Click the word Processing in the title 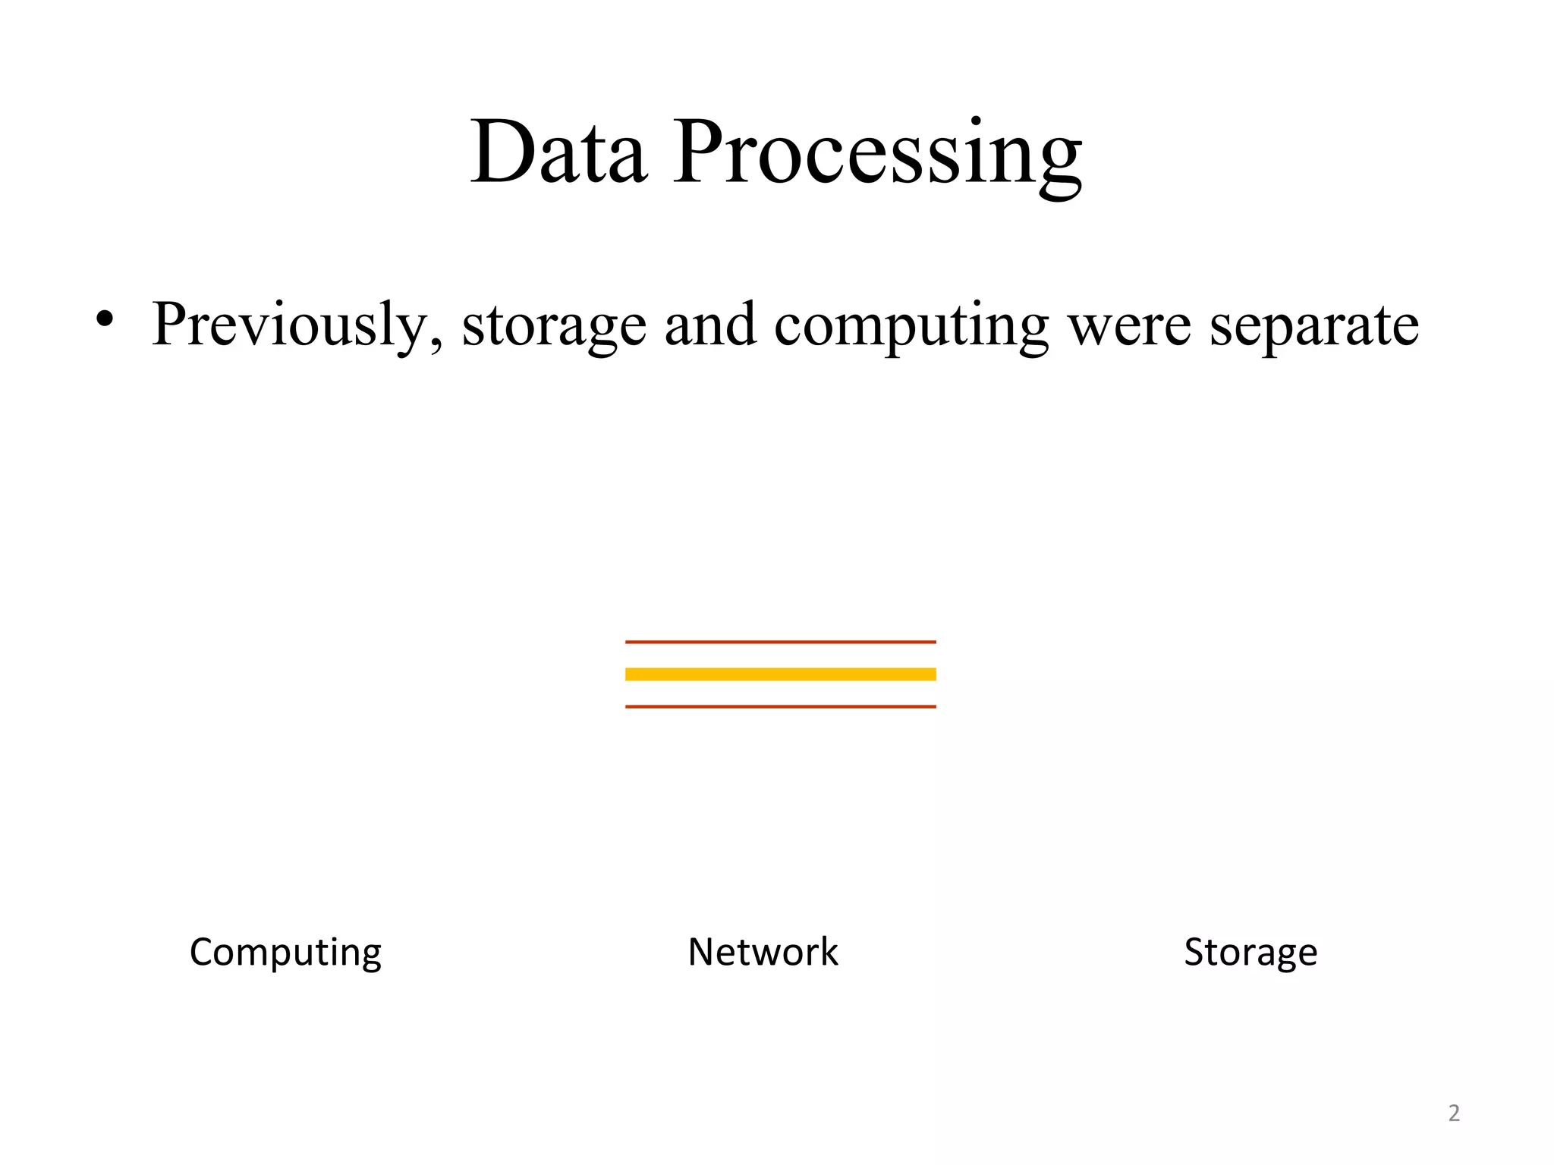877,155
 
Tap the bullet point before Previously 105,319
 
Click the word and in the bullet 710,325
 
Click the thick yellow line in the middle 780,674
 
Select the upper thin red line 780,642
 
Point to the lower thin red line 780,707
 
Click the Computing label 285,953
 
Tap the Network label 763,952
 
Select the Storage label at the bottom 1250,953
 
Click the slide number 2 1454,1113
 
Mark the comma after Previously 436,345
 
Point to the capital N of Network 703,952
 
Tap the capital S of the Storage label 1194,952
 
